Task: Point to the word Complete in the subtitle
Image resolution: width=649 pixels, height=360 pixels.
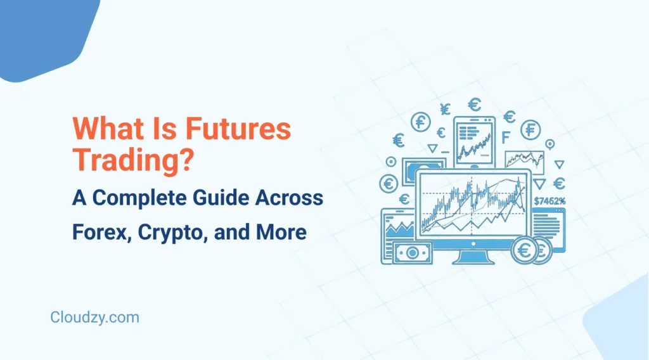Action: pos(151,198)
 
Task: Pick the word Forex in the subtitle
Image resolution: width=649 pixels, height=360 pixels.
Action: pos(97,232)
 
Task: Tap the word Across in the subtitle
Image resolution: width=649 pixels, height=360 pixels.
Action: pos(293,198)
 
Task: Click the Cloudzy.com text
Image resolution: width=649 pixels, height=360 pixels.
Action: pos(94,317)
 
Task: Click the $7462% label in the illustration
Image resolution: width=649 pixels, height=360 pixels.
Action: pos(549,201)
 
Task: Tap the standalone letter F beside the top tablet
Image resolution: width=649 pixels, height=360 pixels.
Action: pos(505,138)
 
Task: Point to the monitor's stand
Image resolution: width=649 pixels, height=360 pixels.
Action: pos(474,255)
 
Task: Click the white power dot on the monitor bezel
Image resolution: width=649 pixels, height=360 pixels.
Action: pos(474,240)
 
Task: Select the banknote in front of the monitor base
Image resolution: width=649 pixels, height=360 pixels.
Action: pos(411,252)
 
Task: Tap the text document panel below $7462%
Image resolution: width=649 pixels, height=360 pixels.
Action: pos(548,224)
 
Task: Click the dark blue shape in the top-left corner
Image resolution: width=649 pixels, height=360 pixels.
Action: pos(44,35)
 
